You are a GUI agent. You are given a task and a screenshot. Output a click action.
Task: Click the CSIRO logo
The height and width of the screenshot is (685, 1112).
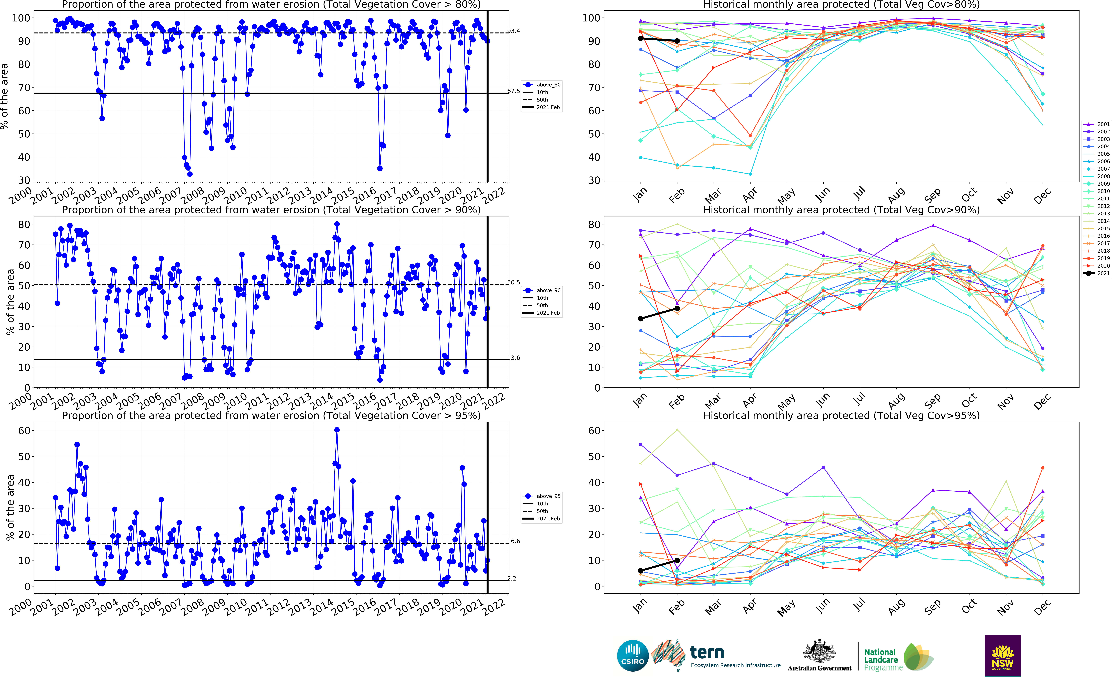633,656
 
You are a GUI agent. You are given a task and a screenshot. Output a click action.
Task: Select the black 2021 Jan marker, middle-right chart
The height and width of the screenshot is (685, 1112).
640,319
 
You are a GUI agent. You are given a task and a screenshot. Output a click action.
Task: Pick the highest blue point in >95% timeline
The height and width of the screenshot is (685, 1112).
337,430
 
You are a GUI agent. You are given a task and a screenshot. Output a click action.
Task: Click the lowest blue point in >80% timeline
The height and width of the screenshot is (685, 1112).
190,174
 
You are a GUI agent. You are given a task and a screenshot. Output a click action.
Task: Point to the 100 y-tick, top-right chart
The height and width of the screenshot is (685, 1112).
591,18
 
